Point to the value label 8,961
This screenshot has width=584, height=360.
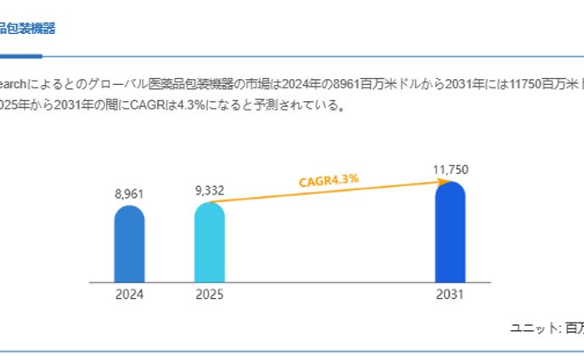[129, 194]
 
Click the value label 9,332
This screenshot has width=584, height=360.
[209, 190]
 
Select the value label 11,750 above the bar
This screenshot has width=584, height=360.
[450, 170]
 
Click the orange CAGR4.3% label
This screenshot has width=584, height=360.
[328, 180]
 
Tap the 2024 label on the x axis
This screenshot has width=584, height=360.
[129, 295]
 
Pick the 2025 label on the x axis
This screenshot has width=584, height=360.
[209, 295]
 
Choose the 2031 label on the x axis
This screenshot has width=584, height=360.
[450, 295]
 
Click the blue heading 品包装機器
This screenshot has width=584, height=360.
[28, 28]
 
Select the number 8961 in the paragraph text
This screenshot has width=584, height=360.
[350, 86]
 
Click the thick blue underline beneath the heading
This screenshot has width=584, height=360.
[20, 56]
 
